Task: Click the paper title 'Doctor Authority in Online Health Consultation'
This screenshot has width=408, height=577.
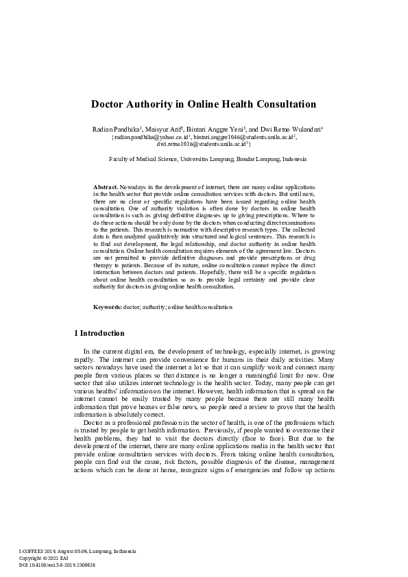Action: [204, 105]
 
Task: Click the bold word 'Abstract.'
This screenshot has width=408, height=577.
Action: [105, 186]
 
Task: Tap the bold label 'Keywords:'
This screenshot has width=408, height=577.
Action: [107, 308]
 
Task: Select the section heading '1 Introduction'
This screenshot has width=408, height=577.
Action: [99, 334]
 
